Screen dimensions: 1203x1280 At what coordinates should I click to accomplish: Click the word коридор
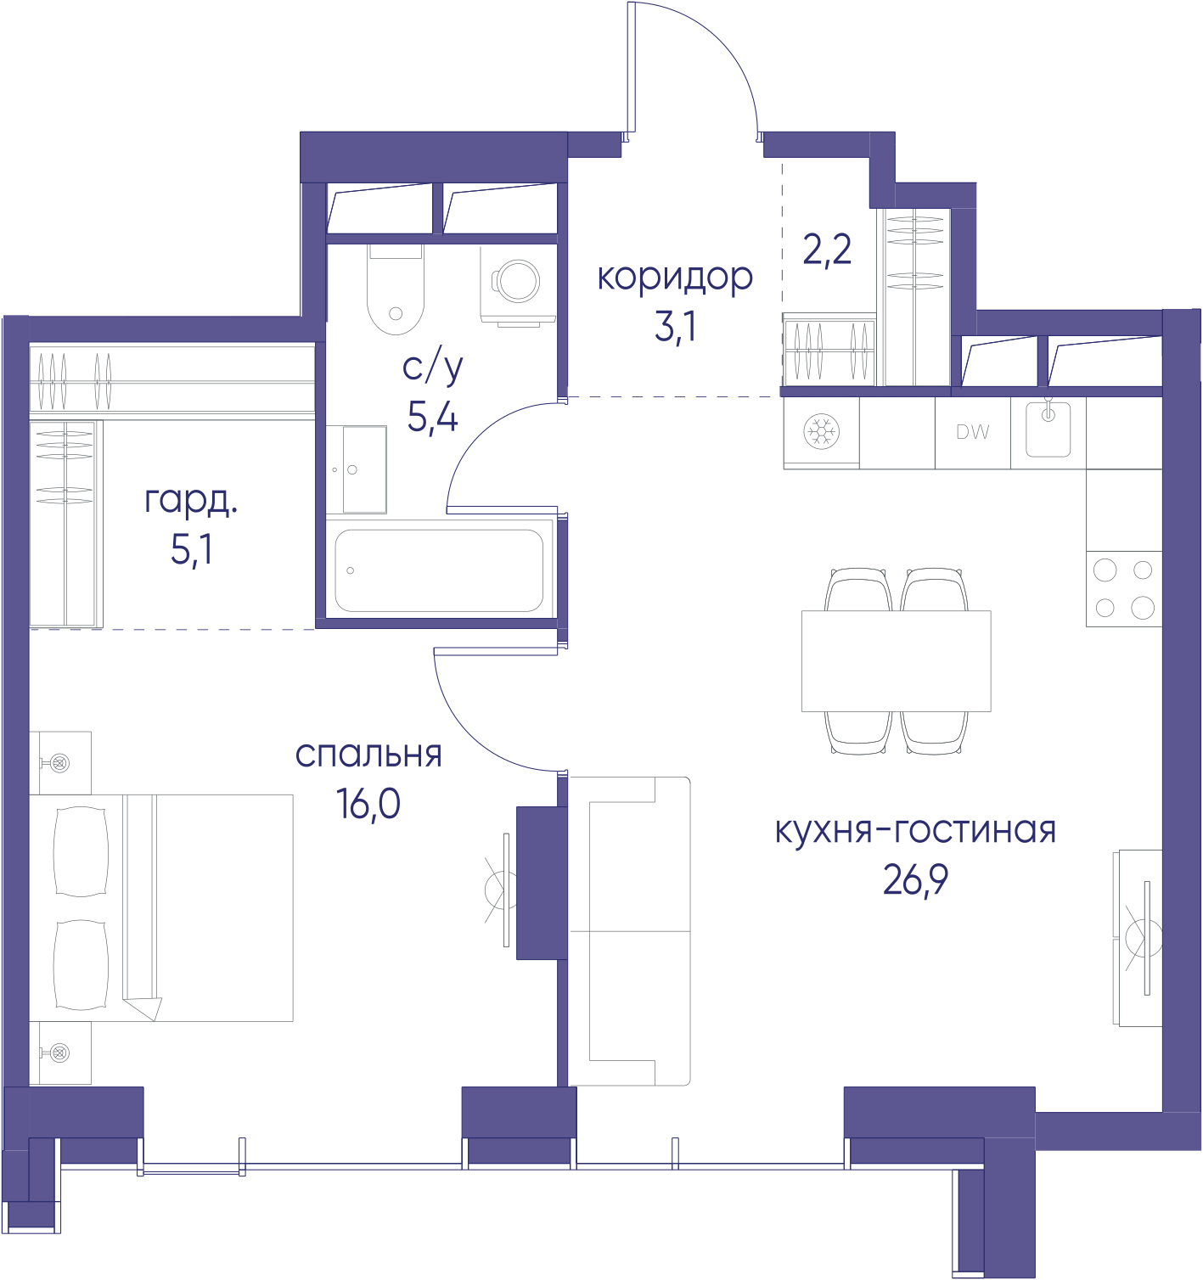pos(675,278)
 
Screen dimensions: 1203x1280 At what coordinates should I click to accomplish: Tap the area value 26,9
pos(915,879)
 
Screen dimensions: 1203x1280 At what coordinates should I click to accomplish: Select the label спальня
pos(368,755)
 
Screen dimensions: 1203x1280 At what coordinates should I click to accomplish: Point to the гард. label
pos(191,501)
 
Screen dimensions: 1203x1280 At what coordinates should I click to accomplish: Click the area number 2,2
pos(827,250)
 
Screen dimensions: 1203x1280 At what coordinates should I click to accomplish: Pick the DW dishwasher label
pos(973,432)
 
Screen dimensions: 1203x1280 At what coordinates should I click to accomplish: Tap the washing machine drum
pos(518,281)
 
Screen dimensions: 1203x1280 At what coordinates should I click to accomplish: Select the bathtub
pos(439,570)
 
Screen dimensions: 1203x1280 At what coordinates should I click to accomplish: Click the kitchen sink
pos(1048,429)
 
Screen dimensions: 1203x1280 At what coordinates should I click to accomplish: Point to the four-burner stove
pos(1124,588)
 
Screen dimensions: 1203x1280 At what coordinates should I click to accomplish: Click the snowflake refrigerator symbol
pos(821,431)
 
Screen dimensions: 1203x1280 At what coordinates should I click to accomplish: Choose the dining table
pos(897,660)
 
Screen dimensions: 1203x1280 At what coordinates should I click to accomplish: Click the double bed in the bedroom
pos(161,907)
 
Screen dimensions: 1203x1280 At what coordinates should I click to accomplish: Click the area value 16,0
pos(368,804)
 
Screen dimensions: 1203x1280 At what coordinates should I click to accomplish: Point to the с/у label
pos(433,368)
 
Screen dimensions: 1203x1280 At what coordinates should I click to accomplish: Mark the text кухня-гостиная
pos(915,832)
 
